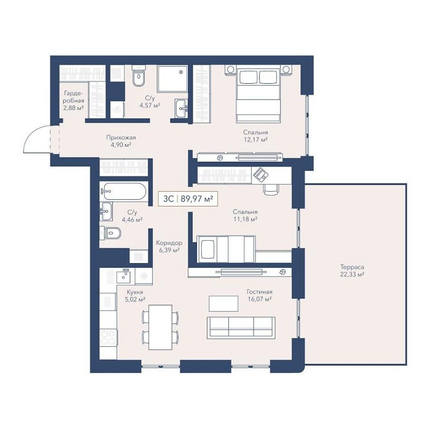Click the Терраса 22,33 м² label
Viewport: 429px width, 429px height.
pos(352,271)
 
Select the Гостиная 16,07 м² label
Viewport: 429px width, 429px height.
pos(260,296)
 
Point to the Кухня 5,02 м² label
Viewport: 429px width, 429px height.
pos(135,296)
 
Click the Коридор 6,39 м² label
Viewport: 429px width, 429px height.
pos(169,246)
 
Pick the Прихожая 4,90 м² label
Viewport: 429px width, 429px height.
pos(121,141)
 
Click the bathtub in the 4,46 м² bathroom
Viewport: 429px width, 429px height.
pos(124,191)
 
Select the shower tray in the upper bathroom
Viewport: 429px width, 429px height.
pos(172,79)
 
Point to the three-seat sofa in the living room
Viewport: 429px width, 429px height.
pos(241,328)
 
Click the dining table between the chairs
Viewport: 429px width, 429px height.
pos(160,327)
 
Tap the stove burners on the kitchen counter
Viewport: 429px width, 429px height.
pos(109,337)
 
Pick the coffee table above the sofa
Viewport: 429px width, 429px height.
pos(224,303)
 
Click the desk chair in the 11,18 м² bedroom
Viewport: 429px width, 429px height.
pos(271,188)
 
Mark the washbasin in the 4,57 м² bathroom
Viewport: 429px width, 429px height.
pos(181,109)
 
